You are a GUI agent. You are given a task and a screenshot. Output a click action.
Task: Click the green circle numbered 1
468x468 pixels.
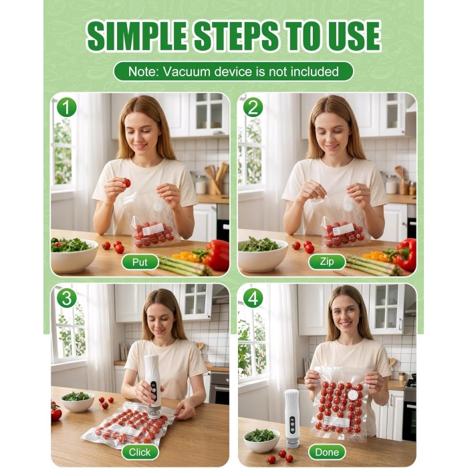pos(67,108)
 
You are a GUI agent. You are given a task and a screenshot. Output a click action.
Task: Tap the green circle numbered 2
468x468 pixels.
pos(253,108)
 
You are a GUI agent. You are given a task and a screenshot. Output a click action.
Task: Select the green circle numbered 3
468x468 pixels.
pos(67,298)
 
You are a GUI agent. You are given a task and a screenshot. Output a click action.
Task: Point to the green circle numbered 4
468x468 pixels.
pos(253,298)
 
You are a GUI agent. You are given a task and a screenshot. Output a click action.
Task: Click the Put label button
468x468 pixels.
pos(140,262)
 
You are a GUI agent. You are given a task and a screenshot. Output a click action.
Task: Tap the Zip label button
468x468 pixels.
pos(327,262)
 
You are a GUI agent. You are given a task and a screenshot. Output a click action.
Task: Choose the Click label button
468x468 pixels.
pos(140,452)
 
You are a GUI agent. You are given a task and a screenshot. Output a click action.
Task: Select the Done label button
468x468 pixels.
pos(327,452)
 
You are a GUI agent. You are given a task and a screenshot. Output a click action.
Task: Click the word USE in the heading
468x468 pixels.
pos(354,36)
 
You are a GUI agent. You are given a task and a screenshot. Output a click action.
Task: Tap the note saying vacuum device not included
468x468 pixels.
pos(233,72)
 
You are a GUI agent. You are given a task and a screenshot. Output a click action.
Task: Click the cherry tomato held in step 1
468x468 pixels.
pos(126,183)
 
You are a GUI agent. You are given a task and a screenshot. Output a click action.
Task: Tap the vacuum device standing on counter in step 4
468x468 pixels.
pos(292,419)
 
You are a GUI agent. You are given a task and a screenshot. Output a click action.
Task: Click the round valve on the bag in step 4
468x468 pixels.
pos(354,395)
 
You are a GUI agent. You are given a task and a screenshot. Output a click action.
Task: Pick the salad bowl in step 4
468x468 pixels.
pos(262,441)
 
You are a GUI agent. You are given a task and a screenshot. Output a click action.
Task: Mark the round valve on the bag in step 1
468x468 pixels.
pos(157,207)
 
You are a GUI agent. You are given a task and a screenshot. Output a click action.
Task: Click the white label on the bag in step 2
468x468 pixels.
pos(343,229)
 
